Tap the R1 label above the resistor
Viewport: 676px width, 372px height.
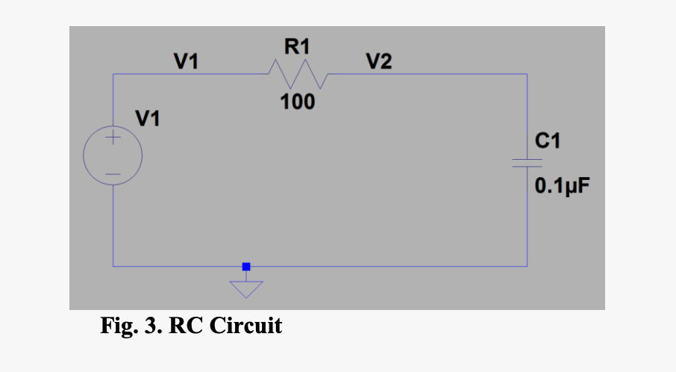pos(296,48)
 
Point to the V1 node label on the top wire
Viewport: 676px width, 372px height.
pos(186,61)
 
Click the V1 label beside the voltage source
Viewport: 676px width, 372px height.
pos(147,118)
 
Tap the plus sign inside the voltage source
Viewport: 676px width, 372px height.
pos(113,138)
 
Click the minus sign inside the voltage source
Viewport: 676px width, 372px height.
pos(113,175)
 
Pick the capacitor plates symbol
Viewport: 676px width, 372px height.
pos(527,163)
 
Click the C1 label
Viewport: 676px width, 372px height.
pos(547,140)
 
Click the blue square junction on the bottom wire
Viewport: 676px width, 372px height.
pos(246,266)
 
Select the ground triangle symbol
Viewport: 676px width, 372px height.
pos(246,288)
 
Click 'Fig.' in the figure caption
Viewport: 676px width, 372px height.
pos(119,326)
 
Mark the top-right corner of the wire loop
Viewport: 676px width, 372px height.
pos(527,75)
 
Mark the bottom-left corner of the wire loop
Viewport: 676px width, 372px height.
pos(113,266)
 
